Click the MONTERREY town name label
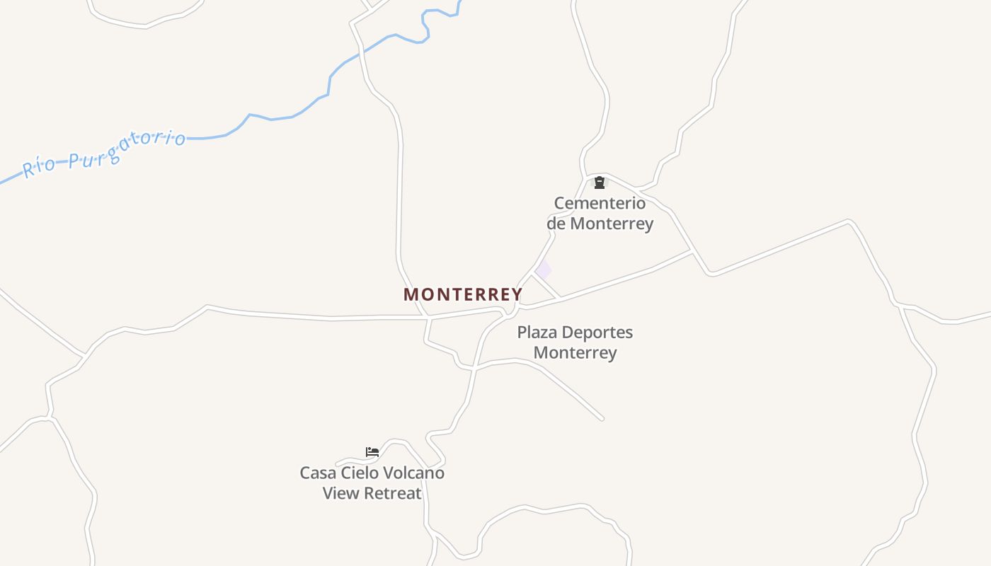click(463, 294)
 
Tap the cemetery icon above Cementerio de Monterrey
click(600, 183)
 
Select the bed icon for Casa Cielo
click(372, 452)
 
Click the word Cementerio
click(600, 203)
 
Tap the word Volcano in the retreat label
click(415, 473)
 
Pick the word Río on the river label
click(39, 168)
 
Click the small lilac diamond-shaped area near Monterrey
click(543, 270)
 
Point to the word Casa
click(316, 473)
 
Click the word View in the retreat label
click(338, 493)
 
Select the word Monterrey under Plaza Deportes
click(575, 352)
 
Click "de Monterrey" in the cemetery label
click(600, 224)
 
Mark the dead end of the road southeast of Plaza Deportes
click(602, 419)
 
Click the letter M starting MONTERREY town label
click(410, 294)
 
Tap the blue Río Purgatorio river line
click(283, 117)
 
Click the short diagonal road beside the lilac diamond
click(546, 287)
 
